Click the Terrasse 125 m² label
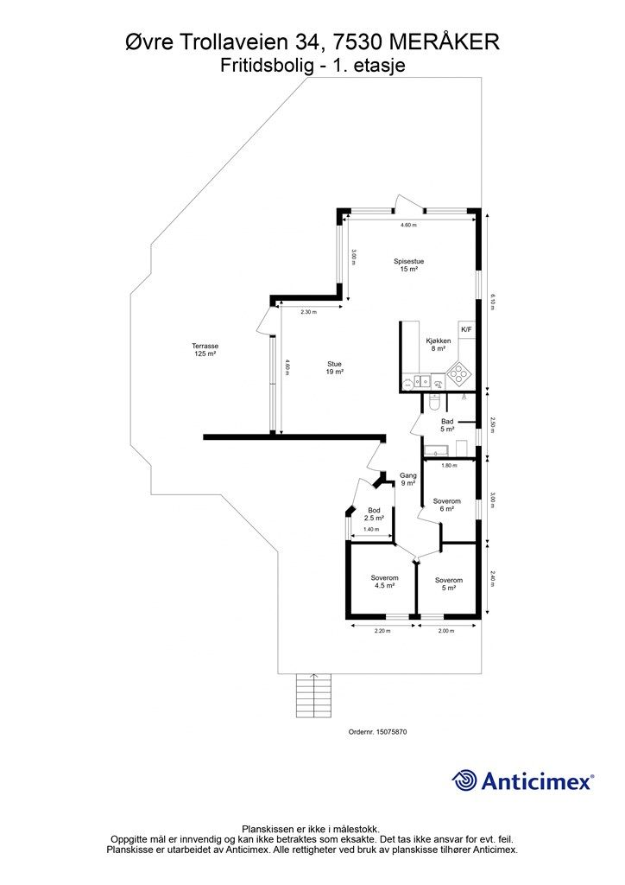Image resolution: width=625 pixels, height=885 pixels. click(205, 350)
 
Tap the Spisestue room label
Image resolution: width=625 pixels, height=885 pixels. click(408, 261)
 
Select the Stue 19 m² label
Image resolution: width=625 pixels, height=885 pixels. click(335, 368)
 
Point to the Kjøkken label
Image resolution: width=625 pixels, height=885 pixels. click(438, 341)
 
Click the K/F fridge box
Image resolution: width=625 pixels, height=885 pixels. click(467, 329)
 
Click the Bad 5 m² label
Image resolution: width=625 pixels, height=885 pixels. click(447, 425)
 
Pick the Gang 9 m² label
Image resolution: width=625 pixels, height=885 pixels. click(408, 479)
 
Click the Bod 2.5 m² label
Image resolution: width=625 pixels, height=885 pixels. click(374, 514)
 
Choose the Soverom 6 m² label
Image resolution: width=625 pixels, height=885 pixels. click(447, 505)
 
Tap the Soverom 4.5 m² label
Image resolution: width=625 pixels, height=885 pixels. click(384, 582)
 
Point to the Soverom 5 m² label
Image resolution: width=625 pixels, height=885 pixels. click(449, 583)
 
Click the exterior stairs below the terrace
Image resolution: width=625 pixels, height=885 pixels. click(314, 696)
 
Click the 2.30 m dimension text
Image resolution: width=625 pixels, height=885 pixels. click(308, 312)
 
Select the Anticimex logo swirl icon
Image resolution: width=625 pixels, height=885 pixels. click(464, 781)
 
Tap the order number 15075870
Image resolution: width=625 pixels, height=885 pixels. click(394, 731)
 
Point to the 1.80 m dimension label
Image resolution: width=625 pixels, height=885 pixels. click(449, 466)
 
